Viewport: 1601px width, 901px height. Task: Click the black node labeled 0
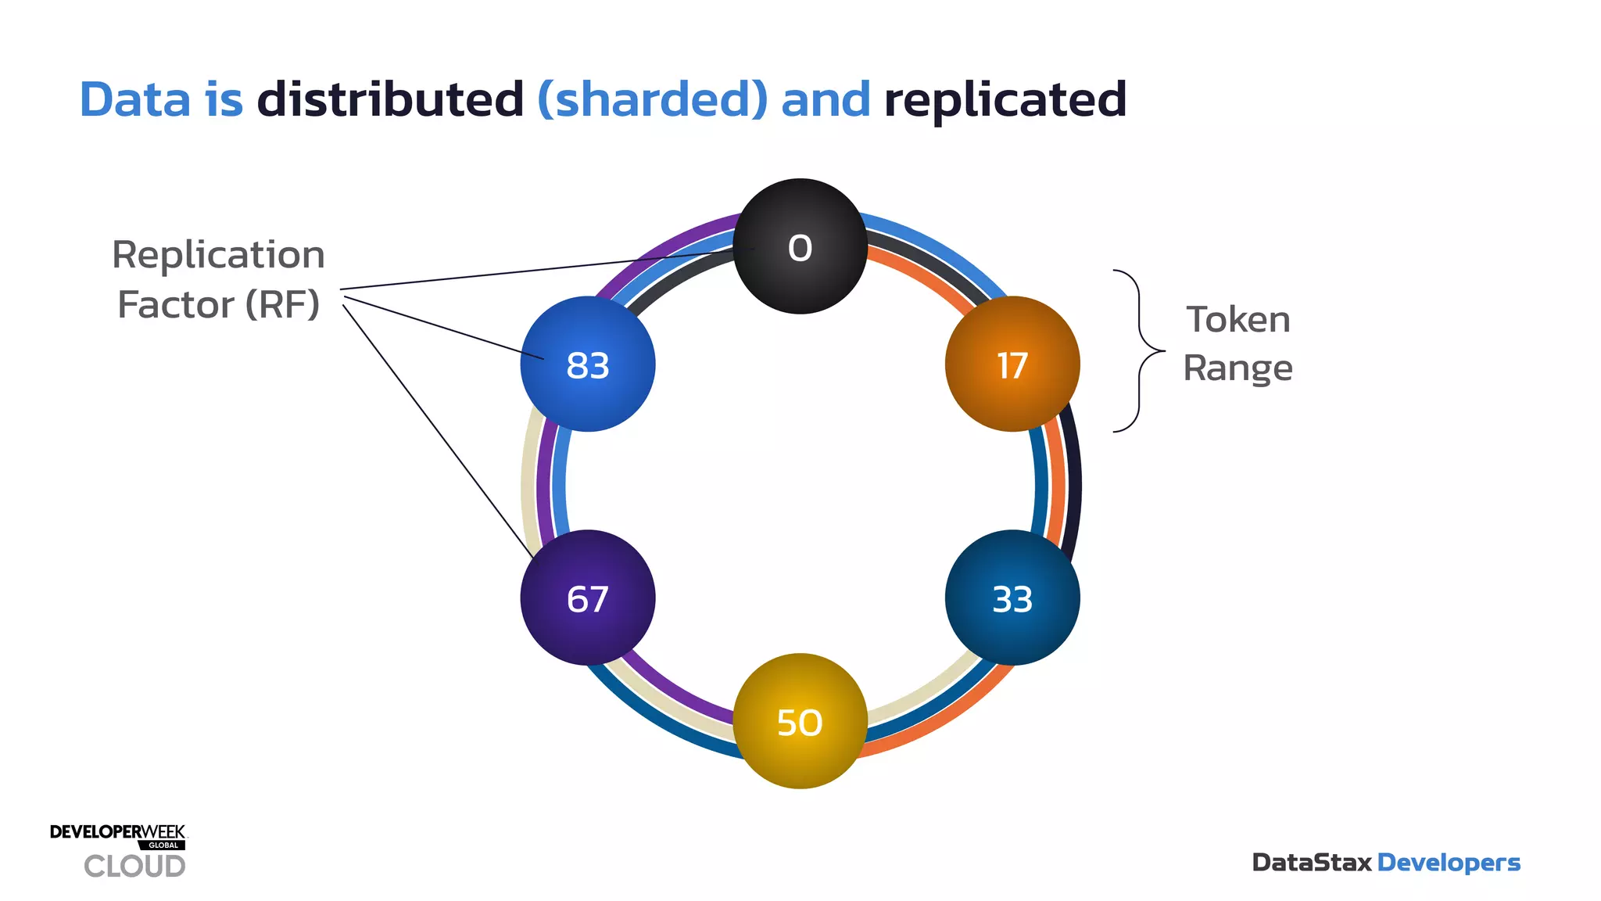[x=800, y=246]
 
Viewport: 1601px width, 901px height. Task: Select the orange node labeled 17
[x=1012, y=364]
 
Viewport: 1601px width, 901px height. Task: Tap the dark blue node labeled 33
[x=1012, y=598]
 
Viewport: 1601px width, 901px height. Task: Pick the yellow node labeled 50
[x=800, y=721]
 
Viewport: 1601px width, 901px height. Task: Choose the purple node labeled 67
[x=587, y=598]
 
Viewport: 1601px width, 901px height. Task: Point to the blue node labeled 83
[x=587, y=364]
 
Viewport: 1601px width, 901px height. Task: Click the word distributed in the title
[x=390, y=100]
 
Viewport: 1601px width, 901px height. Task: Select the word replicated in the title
[x=1005, y=100]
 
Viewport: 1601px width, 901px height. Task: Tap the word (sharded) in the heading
[x=653, y=100]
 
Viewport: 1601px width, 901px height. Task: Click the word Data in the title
[x=135, y=100]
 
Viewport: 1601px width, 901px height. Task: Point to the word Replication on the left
[x=218, y=255]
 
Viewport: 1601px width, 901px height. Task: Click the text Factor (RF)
[x=218, y=305]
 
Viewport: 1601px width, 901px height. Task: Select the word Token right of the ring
[x=1238, y=320]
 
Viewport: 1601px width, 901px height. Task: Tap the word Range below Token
[x=1237, y=368]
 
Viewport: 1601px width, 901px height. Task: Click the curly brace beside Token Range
[x=1140, y=350]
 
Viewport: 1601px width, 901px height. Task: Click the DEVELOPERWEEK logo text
[x=117, y=831]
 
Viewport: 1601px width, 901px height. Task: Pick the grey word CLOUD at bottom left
[x=134, y=867]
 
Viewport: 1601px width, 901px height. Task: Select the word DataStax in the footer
[x=1312, y=863]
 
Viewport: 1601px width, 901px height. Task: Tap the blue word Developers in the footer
[x=1449, y=863]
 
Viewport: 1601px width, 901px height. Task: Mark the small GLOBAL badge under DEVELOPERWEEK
[x=163, y=845]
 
